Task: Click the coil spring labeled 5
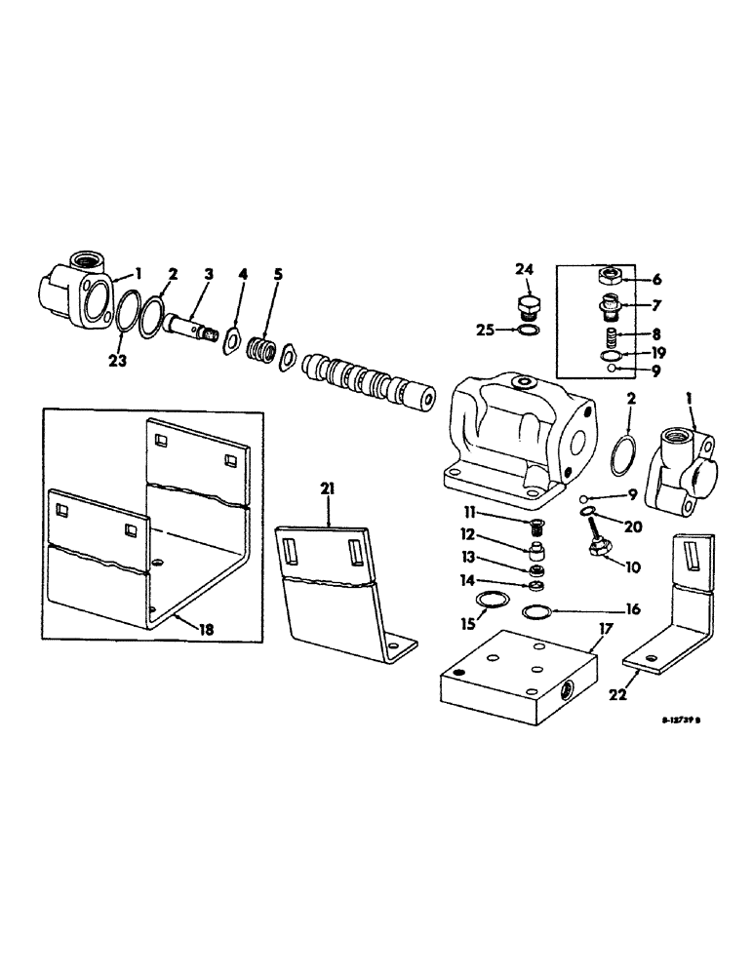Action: pyautogui.click(x=260, y=348)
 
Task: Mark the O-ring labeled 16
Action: pyautogui.click(x=536, y=612)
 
